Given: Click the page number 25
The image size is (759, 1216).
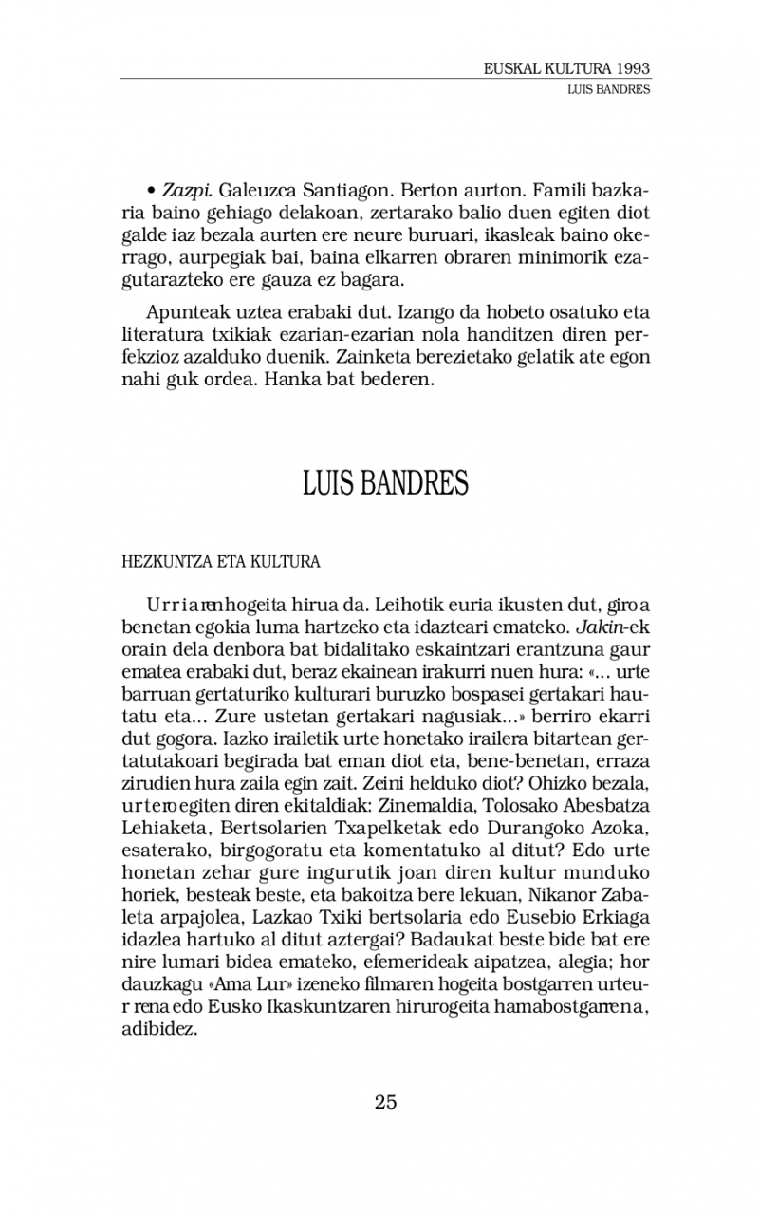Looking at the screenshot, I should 385,1102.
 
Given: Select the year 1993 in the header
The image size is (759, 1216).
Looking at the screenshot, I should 631,69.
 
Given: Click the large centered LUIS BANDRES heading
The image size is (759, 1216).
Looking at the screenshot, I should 385,483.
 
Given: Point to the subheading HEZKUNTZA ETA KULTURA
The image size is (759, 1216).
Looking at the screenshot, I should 220,561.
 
